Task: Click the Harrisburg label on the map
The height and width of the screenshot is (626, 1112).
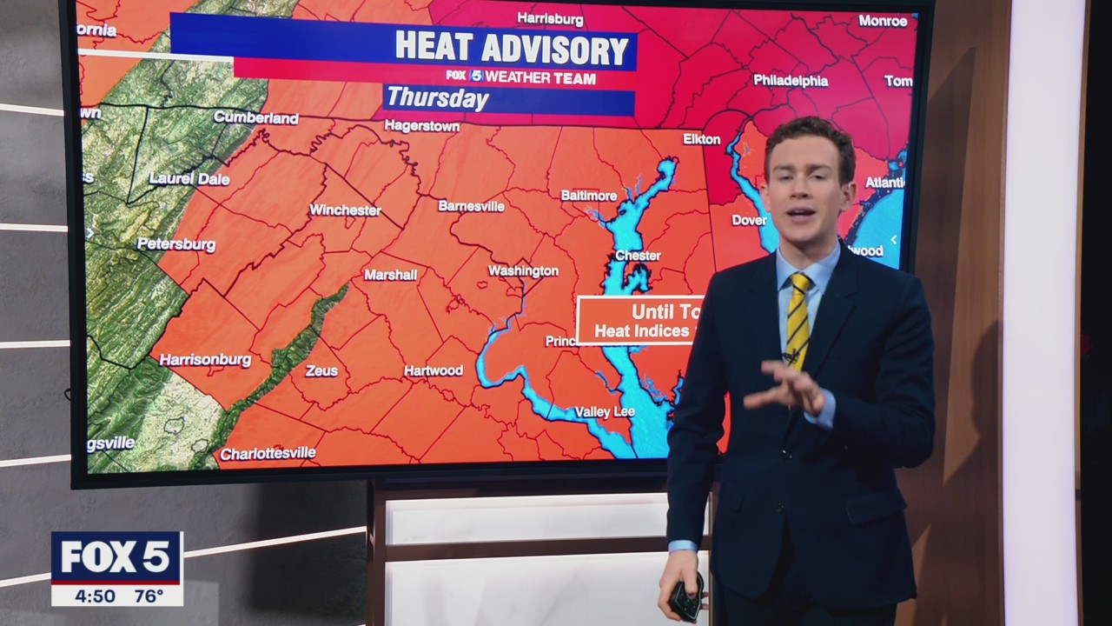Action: coord(550,18)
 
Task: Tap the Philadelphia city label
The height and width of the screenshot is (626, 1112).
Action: coord(791,81)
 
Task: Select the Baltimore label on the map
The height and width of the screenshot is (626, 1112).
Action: coord(589,196)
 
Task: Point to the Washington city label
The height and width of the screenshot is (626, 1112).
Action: coord(523,271)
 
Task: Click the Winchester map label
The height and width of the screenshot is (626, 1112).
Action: coord(345,210)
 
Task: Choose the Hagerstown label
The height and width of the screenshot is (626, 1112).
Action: coord(422,126)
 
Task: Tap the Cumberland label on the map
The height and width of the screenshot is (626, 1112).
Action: coord(255,117)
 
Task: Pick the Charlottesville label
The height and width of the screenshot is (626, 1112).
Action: coord(268,454)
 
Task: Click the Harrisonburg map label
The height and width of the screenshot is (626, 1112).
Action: coord(206,360)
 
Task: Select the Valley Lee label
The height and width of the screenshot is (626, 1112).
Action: coord(605,412)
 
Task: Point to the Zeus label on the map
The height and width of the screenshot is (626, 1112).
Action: coord(321,371)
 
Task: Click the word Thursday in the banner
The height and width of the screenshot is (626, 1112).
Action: coord(438,98)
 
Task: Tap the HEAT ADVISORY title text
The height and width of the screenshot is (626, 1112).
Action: coord(512,49)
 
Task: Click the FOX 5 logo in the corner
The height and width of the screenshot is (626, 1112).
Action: coord(116,556)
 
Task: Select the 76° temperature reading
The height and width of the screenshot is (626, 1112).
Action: coord(149,596)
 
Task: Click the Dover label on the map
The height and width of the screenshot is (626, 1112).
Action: coord(749,221)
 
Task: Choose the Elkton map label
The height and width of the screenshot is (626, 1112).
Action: coord(701,139)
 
